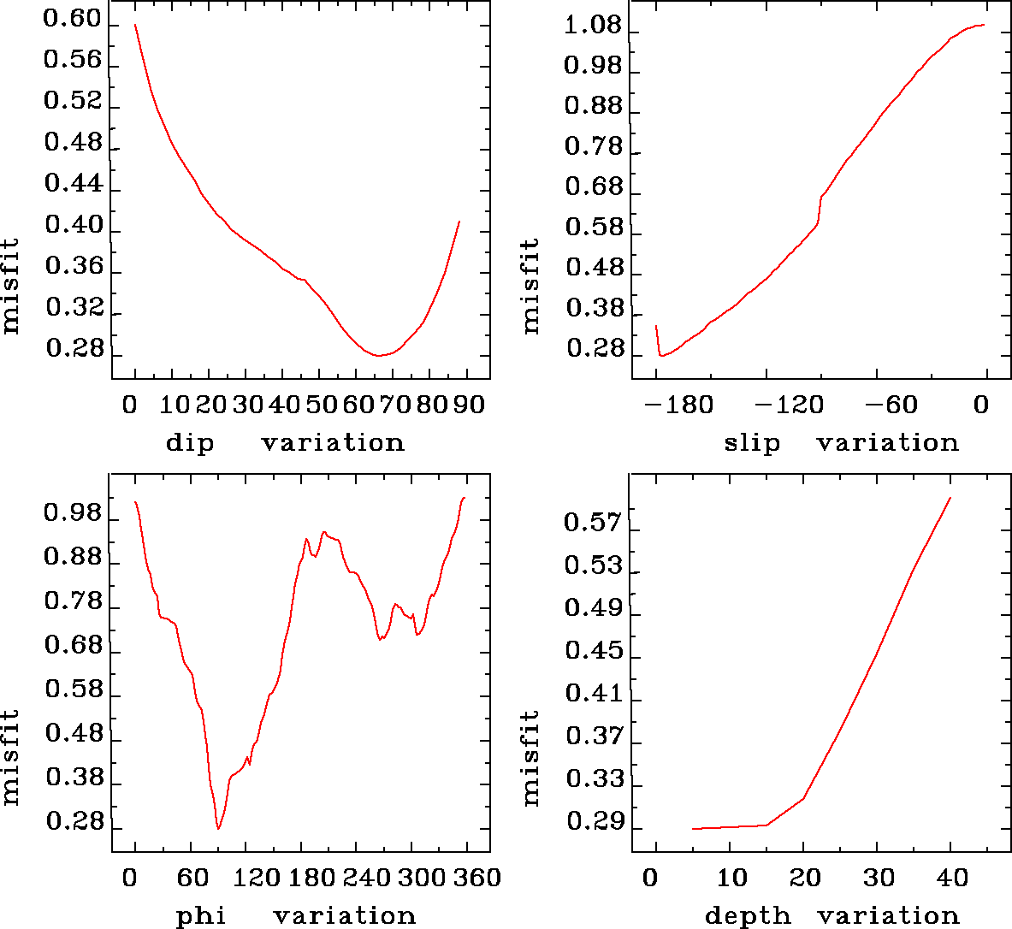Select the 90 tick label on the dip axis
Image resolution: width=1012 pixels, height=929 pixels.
coord(469,404)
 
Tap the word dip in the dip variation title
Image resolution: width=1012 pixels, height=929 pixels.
coord(190,443)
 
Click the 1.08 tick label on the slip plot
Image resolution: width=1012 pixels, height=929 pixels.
coord(593,26)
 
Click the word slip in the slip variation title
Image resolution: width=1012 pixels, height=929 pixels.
coord(752,443)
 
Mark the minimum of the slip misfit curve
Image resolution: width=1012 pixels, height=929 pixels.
coord(661,355)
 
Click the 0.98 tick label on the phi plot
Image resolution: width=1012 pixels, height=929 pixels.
coord(73,515)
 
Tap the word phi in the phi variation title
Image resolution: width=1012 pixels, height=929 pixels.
coord(200,916)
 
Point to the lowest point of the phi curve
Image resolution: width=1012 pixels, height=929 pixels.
coord(218,828)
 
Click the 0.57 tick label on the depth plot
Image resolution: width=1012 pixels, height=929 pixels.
coord(593,523)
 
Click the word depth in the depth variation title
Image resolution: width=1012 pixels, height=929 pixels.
coord(748,916)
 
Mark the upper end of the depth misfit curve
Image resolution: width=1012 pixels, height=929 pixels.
coord(950,497)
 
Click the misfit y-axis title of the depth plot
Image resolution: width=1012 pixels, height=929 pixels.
coord(531,758)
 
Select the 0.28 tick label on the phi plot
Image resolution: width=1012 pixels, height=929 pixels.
coord(74,822)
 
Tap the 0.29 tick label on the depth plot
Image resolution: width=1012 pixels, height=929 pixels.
coord(593,822)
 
